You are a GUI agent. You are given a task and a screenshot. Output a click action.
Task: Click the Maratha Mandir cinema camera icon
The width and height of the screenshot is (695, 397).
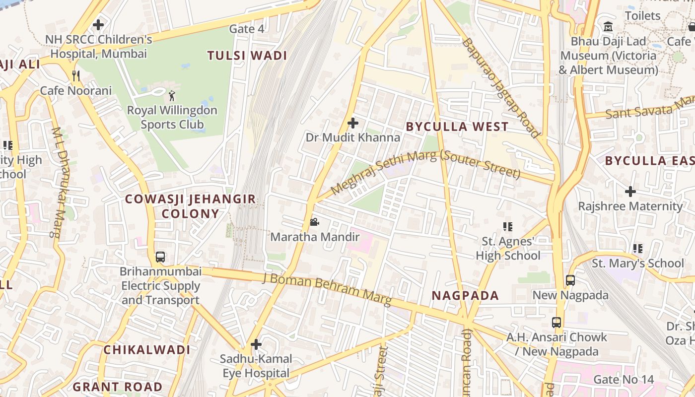click(314, 222)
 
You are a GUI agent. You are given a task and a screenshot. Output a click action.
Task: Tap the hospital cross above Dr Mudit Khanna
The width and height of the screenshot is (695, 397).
click(353, 123)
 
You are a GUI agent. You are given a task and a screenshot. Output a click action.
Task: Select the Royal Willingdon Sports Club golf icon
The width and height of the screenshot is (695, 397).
click(172, 95)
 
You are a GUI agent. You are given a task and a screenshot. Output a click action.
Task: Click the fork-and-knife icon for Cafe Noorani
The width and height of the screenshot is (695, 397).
click(76, 76)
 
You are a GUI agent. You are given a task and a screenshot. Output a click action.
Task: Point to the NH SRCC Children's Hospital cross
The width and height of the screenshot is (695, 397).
click(98, 24)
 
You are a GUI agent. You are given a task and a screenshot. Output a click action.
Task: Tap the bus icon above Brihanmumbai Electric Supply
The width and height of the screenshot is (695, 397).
click(160, 257)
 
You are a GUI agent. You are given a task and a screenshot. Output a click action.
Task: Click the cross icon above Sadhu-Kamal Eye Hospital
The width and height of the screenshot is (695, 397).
click(256, 344)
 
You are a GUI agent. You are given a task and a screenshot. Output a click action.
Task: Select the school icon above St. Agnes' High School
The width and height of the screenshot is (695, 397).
click(507, 227)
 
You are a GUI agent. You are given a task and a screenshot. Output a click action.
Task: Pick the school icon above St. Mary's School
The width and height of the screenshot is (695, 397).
click(638, 248)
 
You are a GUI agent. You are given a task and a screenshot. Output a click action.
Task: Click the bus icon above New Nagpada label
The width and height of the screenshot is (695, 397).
click(570, 280)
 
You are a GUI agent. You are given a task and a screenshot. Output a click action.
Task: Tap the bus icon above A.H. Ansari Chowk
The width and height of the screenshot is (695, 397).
click(556, 323)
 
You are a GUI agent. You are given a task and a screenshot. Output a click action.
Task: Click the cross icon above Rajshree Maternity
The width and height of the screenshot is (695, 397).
click(630, 191)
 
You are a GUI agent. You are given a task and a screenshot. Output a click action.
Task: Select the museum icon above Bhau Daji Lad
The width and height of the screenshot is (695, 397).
click(608, 26)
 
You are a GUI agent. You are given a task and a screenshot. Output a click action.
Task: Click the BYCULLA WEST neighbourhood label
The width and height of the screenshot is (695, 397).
click(457, 127)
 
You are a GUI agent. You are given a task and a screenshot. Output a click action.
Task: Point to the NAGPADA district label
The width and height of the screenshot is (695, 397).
click(465, 296)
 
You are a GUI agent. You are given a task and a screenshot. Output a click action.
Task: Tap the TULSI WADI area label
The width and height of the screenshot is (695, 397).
click(247, 56)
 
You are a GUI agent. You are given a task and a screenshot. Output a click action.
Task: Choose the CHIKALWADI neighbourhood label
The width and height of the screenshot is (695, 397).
click(147, 350)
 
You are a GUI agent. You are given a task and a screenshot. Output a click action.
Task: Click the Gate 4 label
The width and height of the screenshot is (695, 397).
click(247, 29)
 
